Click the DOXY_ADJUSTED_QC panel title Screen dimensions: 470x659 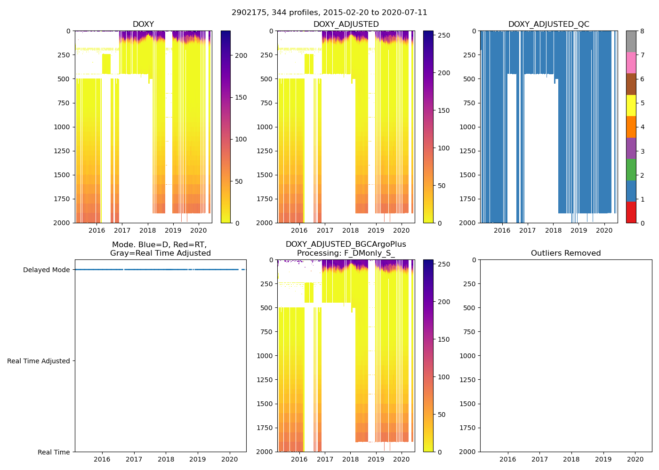(548, 24)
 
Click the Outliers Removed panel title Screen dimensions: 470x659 (566, 253)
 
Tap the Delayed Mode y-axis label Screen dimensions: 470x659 (46, 270)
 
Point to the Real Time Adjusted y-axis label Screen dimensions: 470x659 (38, 361)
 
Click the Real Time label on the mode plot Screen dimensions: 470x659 (54, 452)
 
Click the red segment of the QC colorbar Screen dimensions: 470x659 (631, 212)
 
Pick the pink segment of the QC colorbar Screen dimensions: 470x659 (631, 63)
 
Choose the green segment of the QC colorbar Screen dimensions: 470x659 (631, 169)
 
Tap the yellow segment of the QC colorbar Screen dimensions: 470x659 (631, 105)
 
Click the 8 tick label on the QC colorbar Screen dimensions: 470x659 (642, 31)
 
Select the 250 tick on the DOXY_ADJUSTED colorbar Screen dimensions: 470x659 (444, 35)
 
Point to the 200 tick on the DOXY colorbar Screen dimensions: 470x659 (241, 55)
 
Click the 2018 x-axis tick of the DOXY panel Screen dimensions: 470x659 (147, 230)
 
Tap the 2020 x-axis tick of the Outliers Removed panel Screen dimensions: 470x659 (635, 459)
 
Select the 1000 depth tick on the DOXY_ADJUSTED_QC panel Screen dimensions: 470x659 (469, 127)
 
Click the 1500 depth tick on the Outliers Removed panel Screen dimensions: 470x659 (469, 404)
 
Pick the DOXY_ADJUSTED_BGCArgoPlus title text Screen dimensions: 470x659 (346, 244)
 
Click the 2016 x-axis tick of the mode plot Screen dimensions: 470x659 (102, 459)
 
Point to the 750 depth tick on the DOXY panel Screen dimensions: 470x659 (63, 103)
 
